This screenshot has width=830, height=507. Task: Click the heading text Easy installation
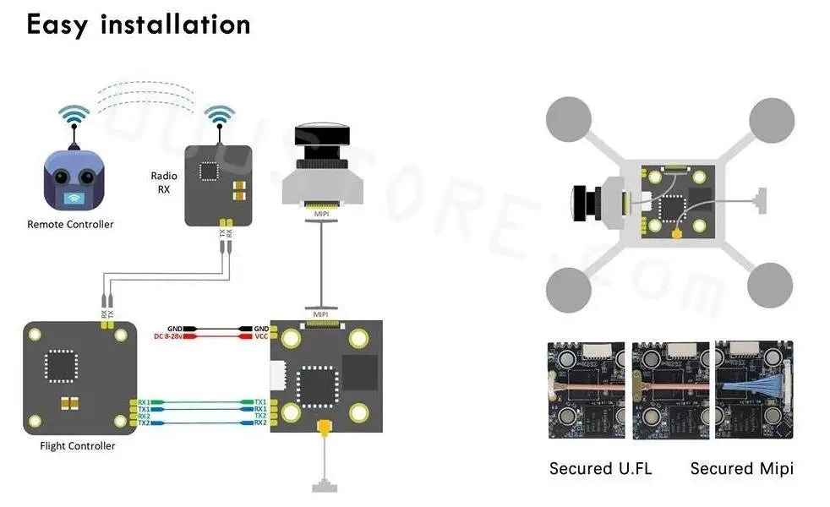[x=139, y=24]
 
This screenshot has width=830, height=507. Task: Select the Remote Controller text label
[x=70, y=225]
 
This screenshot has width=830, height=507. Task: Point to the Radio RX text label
[x=164, y=183]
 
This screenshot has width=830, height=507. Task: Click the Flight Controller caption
[x=78, y=446]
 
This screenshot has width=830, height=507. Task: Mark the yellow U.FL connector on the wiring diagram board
[x=323, y=430]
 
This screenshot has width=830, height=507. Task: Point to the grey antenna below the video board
[x=323, y=486]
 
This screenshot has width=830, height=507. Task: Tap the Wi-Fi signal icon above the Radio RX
[x=221, y=117]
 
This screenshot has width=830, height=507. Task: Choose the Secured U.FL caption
[x=601, y=469]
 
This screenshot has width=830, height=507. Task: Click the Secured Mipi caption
[x=741, y=469]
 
